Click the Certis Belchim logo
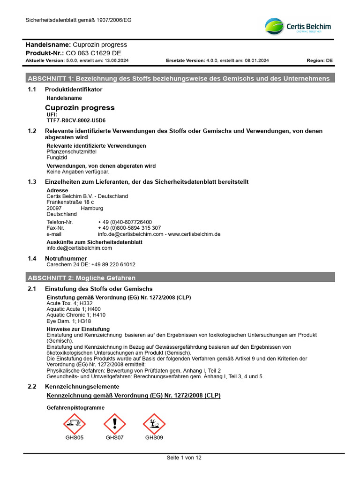pyautogui.click(x=298, y=26)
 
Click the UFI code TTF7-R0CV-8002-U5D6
pyautogui.click(x=76, y=120)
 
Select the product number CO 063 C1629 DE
pyautogui.click(x=93, y=53)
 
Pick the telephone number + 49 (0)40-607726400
pyautogui.click(x=125, y=222)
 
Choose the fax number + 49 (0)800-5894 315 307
pyautogui.click(x=129, y=228)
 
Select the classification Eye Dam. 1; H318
pyautogui.click(x=69, y=322)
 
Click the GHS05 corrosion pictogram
pyautogui.click(x=75, y=424)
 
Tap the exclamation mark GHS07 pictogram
pyautogui.click(x=114, y=424)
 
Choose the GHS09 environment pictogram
pyautogui.click(x=154, y=424)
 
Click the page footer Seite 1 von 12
pyautogui.click(x=184, y=458)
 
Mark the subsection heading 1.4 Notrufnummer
pyautogui.click(x=66, y=258)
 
